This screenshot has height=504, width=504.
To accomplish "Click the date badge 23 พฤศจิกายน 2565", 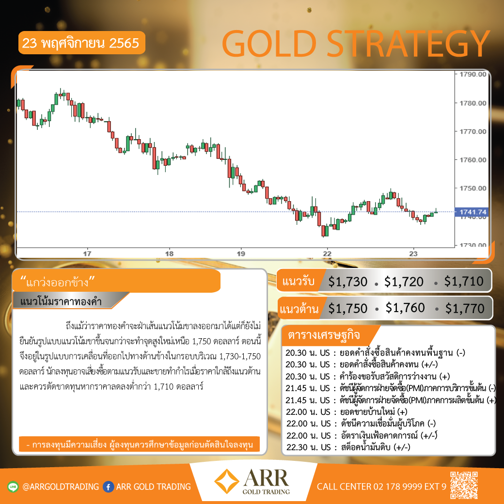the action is [x=81, y=43].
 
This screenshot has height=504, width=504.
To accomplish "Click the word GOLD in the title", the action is [x=269, y=44].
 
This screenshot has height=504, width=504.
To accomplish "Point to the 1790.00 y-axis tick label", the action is [x=472, y=74].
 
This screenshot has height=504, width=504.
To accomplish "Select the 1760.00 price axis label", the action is [x=472, y=160].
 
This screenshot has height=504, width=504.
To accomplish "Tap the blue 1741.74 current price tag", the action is [x=472, y=212].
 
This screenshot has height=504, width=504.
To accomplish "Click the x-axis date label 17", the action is [x=87, y=253].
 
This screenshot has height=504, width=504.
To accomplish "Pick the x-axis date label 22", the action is [x=327, y=253].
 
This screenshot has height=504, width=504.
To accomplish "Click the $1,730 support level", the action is [x=347, y=282].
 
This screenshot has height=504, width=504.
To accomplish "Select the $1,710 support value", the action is [x=464, y=282].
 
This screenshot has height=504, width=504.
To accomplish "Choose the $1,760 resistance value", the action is [x=405, y=308].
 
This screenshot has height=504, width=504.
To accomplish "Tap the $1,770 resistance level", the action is [x=465, y=309].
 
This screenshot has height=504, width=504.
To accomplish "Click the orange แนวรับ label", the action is [x=298, y=281].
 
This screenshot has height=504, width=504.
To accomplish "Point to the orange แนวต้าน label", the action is [x=299, y=309].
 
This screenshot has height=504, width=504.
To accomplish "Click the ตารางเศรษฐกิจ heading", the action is [x=324, y=335].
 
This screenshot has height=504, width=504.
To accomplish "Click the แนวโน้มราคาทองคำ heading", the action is [x=61, y=301].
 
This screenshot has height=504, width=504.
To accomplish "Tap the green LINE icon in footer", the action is [x=13, y=487].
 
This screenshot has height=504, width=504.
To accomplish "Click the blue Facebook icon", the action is [x=109, y=487].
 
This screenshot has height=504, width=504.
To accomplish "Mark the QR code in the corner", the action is [x=464, y=485].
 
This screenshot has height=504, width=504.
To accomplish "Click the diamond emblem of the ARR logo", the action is [x=227, y=481].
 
